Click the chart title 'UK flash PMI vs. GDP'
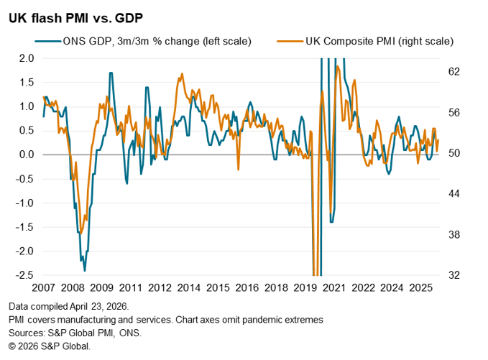[70, 17]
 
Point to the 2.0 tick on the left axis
[25, 58]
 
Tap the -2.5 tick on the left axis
[24, 275]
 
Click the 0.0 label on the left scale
[25, 154]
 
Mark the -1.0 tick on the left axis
[24, 203]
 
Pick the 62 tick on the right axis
[454, 72]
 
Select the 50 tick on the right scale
[454, 154]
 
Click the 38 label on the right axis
[454, 235]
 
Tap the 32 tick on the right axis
[454, 275]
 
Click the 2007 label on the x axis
[45, 287]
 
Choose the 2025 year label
[418, 287]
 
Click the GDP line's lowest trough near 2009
[85, 270]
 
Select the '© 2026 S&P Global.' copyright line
[50, 346]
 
